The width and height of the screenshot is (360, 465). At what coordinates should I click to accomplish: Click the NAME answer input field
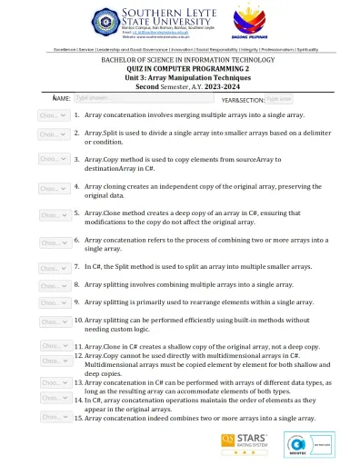[99, 97]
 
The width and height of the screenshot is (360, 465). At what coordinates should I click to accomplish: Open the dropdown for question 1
[51, 116]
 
